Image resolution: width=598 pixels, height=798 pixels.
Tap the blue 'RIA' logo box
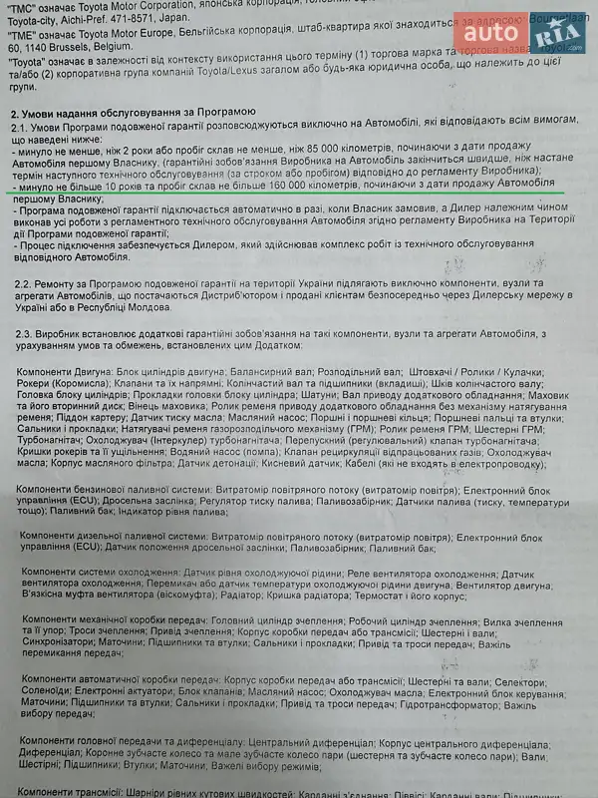pyautogui.click(x=558, y=33)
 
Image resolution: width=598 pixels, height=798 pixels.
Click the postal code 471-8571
pyautogui.click(x=184, y=18)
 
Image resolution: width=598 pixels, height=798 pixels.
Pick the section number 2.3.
pyautogui.click(x=25, y=333)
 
